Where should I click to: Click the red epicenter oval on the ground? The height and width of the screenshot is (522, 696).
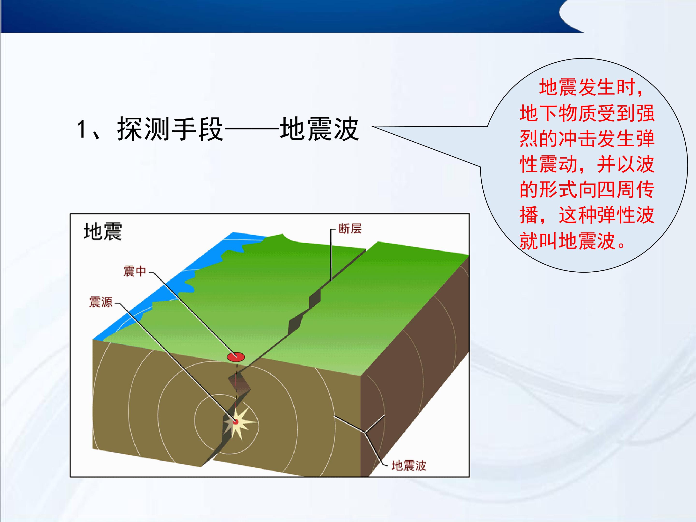click(236, 356)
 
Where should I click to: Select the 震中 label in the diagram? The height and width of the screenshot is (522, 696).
click(135, 271)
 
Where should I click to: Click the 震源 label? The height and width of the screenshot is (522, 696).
click(101, 302)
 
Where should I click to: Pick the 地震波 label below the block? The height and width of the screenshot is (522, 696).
click(409, 466)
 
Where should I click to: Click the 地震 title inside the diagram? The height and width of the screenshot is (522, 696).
click(102, 232)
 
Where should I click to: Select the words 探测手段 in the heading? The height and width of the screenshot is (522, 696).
click(170, 129)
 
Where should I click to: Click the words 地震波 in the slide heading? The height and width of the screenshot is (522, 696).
click(319, 129)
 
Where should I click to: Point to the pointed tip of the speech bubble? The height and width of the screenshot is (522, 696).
click(371, 126)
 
